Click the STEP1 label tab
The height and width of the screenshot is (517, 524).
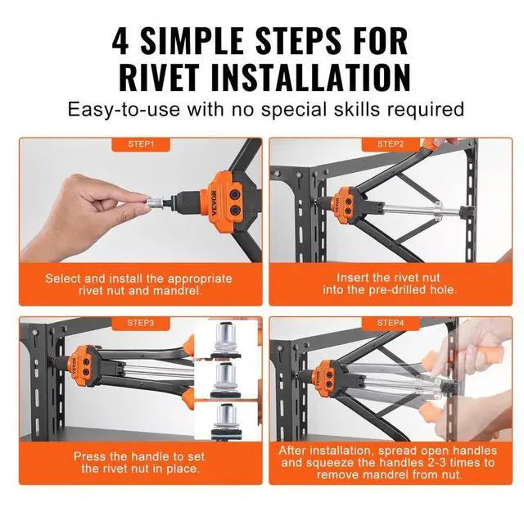[x=140, y=144]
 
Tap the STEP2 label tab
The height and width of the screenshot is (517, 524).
[x=391, y=144]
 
